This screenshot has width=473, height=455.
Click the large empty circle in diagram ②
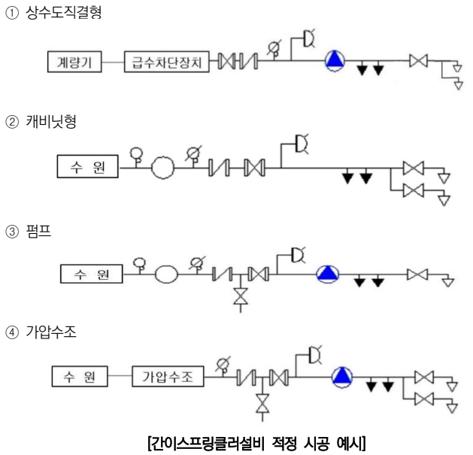pyautogui.click(x=162, y=168)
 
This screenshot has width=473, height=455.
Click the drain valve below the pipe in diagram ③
pyautogui.click(x=240, y=297)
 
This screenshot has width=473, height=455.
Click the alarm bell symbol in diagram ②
pyautogui.click(x=302, y=141)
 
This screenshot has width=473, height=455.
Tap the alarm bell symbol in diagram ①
pyautogui.click(x=308, y=36)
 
